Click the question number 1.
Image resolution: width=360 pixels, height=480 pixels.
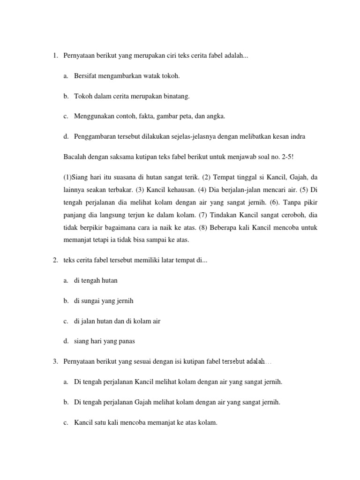coord(54,56)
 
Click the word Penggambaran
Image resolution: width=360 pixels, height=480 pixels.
coord(93,136)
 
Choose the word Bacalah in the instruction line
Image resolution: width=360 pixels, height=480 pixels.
coord(73,156)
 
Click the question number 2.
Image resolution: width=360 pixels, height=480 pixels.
coord(54,261)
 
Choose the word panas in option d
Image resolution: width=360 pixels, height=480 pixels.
coord(126,341)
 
